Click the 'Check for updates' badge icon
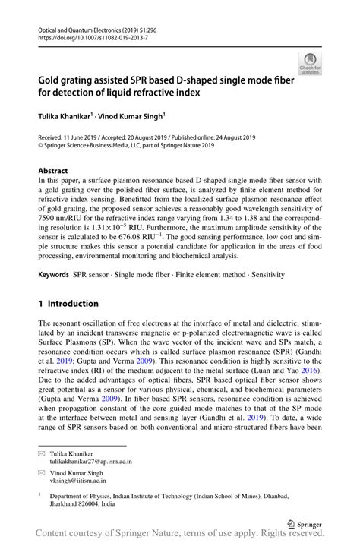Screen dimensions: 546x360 coord(309,63)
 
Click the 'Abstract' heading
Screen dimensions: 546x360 coord(53,171)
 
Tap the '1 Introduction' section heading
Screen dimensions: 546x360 coord(68,303)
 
